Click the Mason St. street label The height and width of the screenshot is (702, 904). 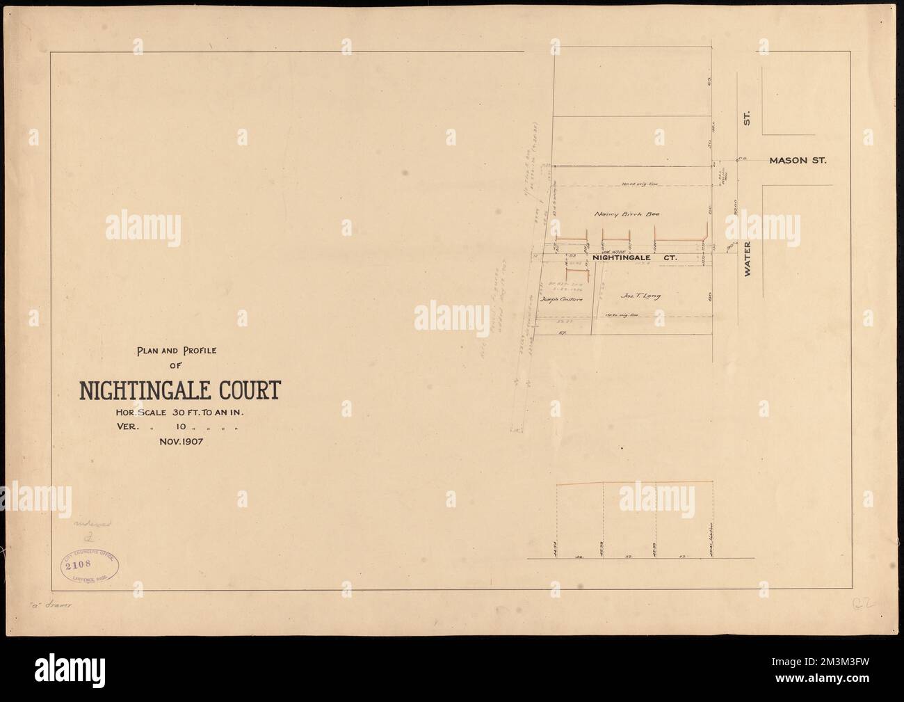pyautogui.click(x=797, y=161)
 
